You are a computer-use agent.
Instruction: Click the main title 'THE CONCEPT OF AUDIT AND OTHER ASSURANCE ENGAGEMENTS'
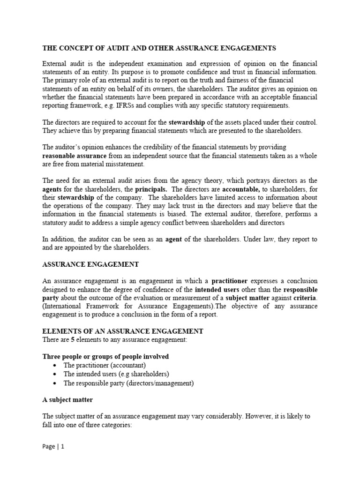(159, 48)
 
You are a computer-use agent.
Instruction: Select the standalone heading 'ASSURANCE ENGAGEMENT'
(90, 264)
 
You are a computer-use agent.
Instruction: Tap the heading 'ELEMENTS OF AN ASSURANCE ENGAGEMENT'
(123, 331)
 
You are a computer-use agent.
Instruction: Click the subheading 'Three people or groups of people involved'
(105, 357)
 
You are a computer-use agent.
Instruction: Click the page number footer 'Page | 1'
(53, 447)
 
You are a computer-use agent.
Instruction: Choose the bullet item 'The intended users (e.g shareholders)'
(116, 374)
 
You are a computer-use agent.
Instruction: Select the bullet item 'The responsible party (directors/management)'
(128, 383)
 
